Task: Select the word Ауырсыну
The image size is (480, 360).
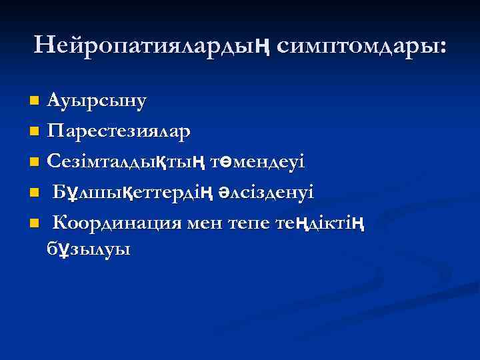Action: click(97, 101)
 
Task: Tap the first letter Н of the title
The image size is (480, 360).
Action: click(43, 45)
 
